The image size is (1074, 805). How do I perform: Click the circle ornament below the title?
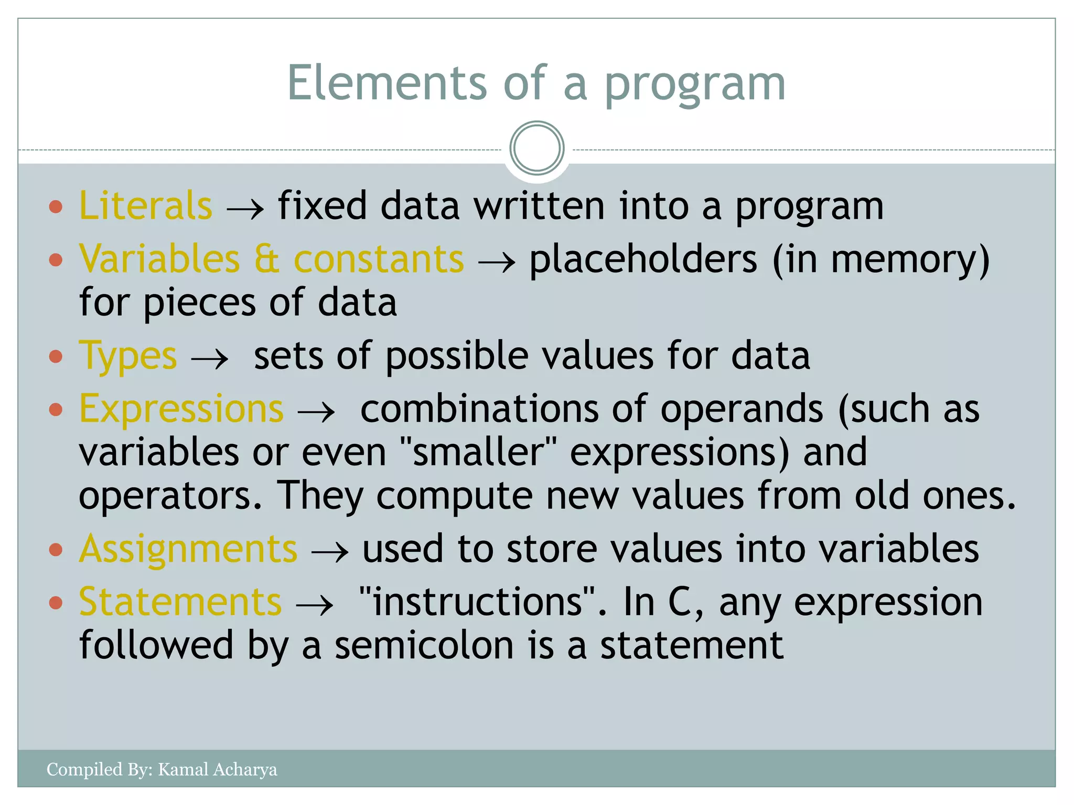pyautogui.click(x=536, y=148)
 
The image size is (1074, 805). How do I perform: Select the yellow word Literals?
pyautogui.click(x=146, y=205)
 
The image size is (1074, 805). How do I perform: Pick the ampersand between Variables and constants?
pyautogui.click(x=267, y=259)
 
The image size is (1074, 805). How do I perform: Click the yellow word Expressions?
pyautogui.click(x=181, y=408)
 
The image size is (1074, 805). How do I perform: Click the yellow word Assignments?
pyautogui.click(x=188, y=549)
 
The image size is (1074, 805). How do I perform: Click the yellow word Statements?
pyautogui.click(x=180, y=602)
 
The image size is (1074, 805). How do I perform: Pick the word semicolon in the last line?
pyautogui.click(x=424, y=646)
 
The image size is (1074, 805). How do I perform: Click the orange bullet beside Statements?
pyautogui.click(x=56, y=603)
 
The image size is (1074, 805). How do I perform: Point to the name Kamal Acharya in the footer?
pyautogui.click(x=218, y=769)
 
